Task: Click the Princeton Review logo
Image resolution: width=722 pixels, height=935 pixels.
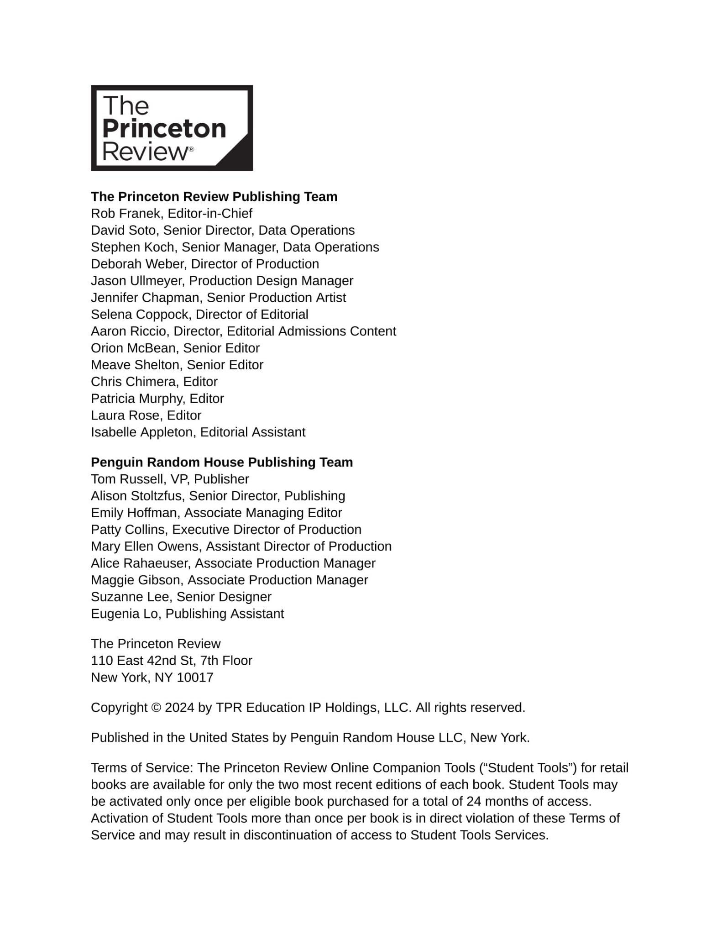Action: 172,128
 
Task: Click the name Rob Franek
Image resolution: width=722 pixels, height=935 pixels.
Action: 126,214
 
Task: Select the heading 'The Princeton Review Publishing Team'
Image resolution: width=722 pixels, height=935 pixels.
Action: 214,197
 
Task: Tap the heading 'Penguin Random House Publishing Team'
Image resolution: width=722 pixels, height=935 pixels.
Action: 222,462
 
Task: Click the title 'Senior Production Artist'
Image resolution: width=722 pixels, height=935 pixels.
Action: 276,298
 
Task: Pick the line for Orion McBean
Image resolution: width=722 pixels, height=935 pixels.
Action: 175,348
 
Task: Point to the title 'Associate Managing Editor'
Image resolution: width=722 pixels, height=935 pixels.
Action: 263,513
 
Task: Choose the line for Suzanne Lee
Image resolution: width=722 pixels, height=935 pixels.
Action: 181,597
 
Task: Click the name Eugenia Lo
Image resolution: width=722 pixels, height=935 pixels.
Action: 124,614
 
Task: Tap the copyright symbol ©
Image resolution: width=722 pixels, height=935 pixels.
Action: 156,708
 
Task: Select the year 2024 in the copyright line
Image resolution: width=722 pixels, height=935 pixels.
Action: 179,708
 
